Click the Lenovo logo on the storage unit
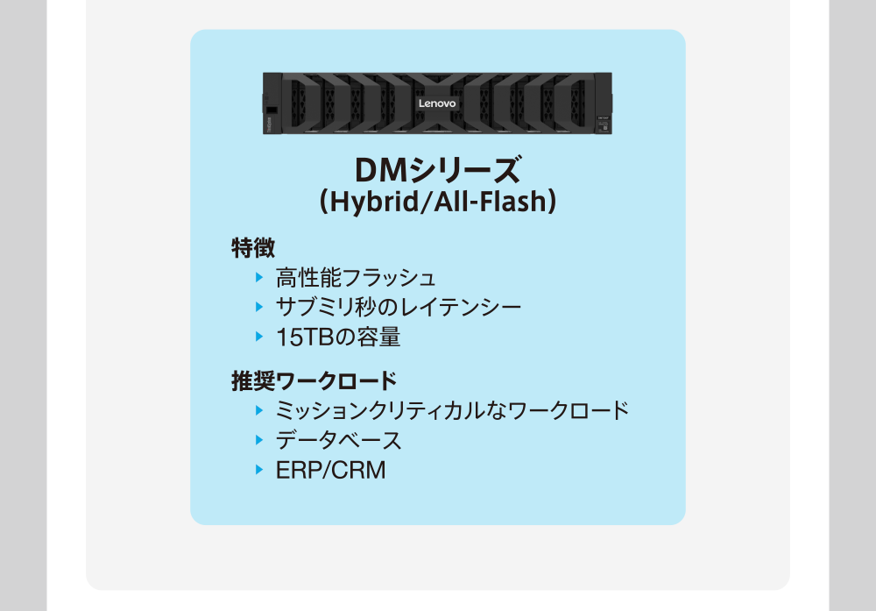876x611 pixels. click(x=437, y=103)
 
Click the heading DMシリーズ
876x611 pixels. click(x=437, y=169)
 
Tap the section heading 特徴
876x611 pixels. click(x=253, y=247)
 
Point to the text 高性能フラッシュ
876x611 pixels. click(x=356, y=279)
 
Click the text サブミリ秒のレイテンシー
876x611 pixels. click(x=399, y=308)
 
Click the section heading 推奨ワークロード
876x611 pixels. click(x=314, y=381)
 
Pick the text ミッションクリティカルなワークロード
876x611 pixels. click(x=452, y=410)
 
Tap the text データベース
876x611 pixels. click(x=338, y=440)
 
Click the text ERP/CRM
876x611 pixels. click(x=330, y=470)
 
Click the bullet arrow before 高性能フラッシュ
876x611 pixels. click(x=259, y=278)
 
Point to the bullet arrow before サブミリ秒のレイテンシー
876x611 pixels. click(x=259, y=307)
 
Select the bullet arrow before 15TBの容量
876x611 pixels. click(x=259, y=336)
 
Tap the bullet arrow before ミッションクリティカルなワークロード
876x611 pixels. click(x=259, y=409)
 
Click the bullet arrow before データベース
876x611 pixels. click(x=259, y=439)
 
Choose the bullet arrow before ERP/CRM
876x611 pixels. click(x=259, y=469)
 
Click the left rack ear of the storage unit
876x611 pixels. click(x=272, y=104)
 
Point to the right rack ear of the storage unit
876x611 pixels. click(x=604, y=104)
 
